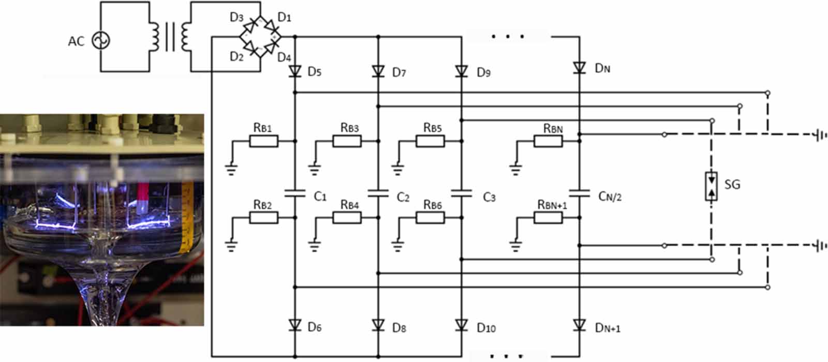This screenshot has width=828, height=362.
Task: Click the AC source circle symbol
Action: (x=101, y=40)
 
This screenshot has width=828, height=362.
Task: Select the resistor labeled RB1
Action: (x=263, y=141)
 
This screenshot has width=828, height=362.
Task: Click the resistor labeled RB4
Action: (x=347, y=218)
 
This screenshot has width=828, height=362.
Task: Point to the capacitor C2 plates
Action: (x=378, y=193)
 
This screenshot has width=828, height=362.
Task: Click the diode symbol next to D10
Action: (x=462, y=325)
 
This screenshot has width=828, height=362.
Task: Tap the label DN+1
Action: (x=608, y=328)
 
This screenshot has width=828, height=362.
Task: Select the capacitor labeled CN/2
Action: (x=579, y=193)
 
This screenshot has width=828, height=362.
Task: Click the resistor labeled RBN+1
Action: (x=548, y=218)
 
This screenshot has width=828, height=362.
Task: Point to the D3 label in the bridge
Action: (x=236, y=18)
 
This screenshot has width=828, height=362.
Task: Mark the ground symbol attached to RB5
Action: (x=397, y=168)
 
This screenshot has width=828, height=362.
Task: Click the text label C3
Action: (x=489, y=198)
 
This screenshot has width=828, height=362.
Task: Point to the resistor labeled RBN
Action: (x=548, y=141)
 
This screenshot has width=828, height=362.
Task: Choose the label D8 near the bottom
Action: (x=399, y=328)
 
